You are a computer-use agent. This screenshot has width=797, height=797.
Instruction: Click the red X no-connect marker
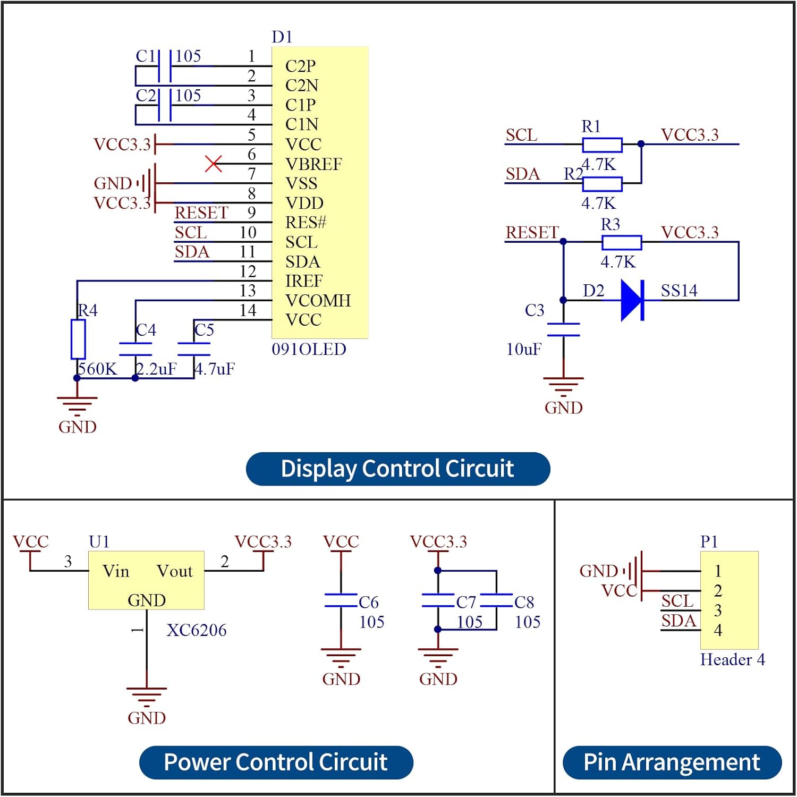214,164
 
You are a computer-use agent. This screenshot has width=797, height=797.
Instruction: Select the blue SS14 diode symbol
633,301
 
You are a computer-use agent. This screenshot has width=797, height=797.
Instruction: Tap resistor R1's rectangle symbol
602,145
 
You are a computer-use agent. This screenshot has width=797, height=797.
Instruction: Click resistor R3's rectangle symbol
622,243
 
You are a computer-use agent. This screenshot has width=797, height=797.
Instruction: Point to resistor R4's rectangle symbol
78,339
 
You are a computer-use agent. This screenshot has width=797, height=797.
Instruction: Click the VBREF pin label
313,164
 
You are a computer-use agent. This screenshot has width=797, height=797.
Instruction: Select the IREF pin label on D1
304,281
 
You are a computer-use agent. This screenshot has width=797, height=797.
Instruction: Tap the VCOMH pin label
318,301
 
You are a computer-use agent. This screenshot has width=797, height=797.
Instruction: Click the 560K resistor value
97,369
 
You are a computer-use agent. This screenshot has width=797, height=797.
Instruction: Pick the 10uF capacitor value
524,349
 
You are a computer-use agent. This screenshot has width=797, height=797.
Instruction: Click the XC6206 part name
197,630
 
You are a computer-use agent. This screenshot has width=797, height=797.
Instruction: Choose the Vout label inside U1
174,571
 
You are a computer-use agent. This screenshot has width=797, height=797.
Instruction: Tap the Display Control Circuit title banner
398,469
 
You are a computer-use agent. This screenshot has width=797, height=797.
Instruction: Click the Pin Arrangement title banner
672,762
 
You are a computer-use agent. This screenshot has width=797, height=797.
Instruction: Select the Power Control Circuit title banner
276,762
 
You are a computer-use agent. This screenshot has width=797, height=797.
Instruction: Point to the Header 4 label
733,659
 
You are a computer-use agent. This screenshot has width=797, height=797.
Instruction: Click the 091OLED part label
309,349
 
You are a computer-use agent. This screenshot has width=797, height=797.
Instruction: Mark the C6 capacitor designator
369,602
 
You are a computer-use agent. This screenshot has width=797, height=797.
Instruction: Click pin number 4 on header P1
718,630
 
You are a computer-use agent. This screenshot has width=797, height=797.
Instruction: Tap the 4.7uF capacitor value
215,369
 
